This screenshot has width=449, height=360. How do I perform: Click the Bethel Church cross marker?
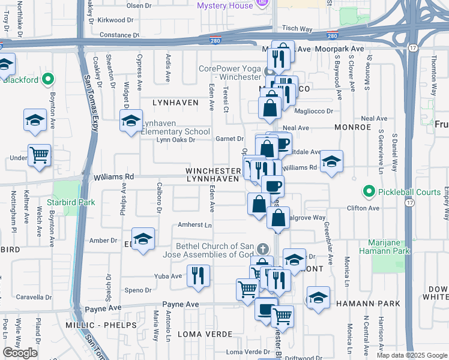(262, 249)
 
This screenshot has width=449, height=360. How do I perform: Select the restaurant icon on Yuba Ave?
(198, 276)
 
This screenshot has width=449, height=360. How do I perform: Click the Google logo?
(20, 353)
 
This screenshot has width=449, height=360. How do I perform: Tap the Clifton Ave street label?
(365, 208)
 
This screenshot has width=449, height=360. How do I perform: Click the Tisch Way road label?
(298, 28)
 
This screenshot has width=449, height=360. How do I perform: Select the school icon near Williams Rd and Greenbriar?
(331, 162)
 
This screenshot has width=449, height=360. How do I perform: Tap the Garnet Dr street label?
(229, 139)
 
